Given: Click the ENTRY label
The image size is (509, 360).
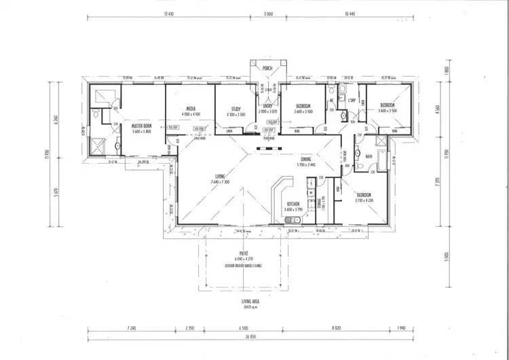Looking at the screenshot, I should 268,107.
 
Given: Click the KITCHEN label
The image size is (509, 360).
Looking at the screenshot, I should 293,204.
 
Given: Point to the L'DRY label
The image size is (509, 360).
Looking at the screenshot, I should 352,101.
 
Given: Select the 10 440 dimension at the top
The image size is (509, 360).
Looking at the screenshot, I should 350,13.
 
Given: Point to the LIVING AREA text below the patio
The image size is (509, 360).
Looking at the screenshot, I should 251,301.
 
